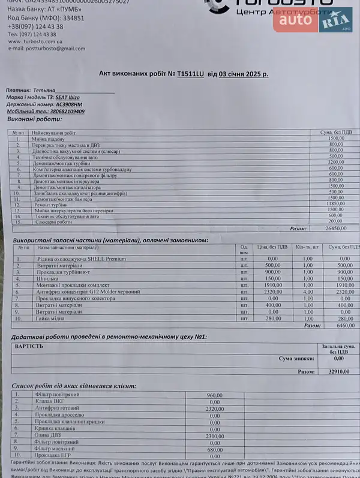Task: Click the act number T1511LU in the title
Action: [191, 74]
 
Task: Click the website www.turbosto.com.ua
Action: [35, 41]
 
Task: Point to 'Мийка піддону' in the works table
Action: [53, 139]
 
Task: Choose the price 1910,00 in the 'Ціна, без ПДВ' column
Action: [273, 285]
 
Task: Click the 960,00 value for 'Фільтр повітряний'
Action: [214, 395]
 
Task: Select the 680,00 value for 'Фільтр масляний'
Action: [215, 449]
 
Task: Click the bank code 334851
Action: [70, 19]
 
